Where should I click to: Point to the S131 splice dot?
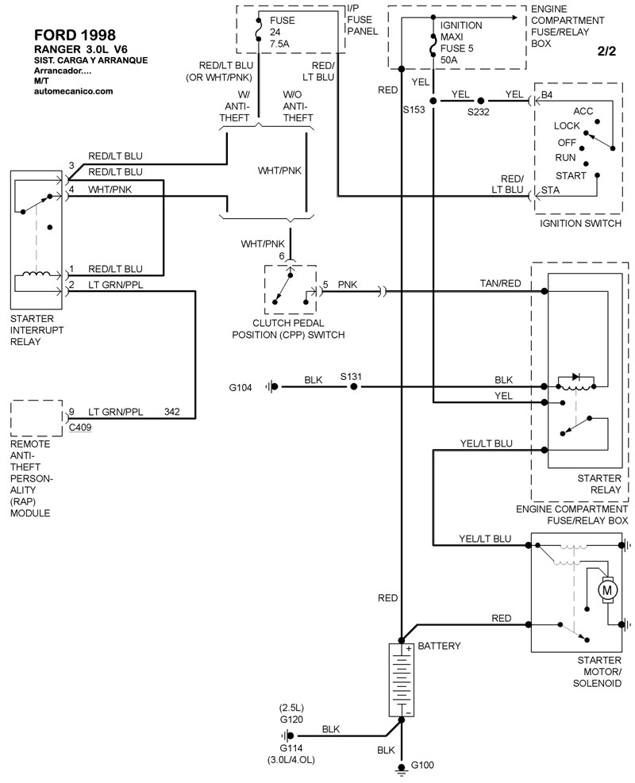[x=354, y=386]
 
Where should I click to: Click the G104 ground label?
[x=241, y=387]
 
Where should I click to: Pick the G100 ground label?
[x=423, y=766]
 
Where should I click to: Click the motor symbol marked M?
[x=608, y=589]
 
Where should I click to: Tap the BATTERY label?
[x=439, y=646]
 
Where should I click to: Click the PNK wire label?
[x=348, y=283]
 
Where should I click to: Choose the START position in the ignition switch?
[x=571, y=175]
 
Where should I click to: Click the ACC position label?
[x=583, y=111]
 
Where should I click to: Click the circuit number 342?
[x=172, y=411]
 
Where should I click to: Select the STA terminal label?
[x=550, y=190]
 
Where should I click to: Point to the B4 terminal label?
[x=547, y=96]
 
